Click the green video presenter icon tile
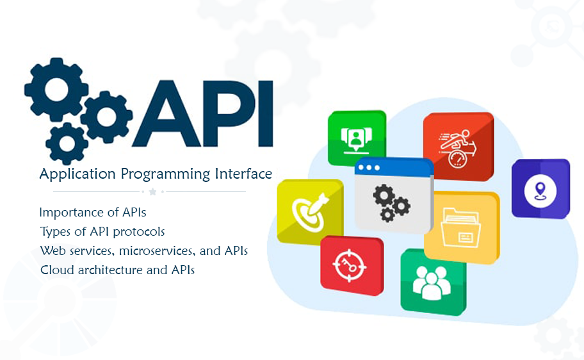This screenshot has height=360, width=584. tap(356, 138)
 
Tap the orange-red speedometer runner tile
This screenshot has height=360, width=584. tap(458, 146)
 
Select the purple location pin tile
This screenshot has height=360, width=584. tap(540, 188)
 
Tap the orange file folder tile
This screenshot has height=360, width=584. tap(461, 228)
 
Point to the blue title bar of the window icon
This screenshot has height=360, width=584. tap(393, 167)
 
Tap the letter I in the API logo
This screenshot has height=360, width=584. tap(264, 114)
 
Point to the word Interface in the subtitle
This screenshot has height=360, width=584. tap(243, 174)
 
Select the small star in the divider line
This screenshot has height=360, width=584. tap(152, 192)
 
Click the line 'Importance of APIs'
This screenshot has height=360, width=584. tap(97, 212)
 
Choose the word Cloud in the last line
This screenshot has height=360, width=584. tap(56, 270)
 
